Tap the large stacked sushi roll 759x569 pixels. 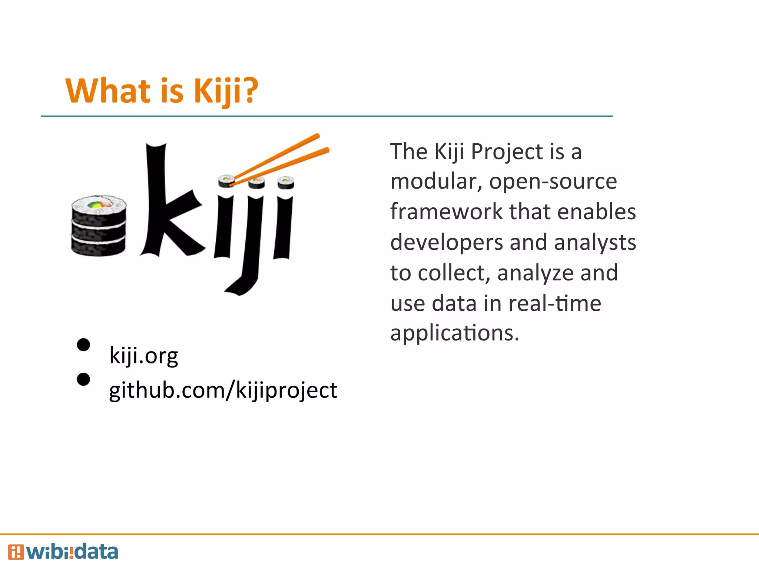(99, 226)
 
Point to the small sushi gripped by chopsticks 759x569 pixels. (226, 181)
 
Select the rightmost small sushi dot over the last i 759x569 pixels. (285, 182)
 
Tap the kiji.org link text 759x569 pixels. (143, 356)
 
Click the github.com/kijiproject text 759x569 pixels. (223, 390)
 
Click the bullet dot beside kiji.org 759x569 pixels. (83, 345)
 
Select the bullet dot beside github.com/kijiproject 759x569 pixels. (83, 379)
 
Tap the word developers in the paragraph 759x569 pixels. (447, 243)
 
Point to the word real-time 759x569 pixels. (554, 303)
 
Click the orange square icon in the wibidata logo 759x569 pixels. (16, 552)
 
